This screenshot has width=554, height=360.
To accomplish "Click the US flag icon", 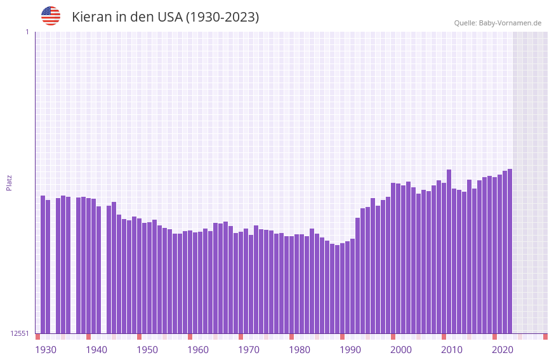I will pyautogui.click(x=51, y=16).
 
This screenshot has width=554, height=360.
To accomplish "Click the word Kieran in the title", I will pyautogui.click(x=91, y=17).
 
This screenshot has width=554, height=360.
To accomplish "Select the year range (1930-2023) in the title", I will pyautogui.click(x=222, y=17).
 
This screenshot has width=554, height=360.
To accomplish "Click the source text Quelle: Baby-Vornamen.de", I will pyautogui.click(x=498, y=23).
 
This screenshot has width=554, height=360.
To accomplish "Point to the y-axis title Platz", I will pyautogui.click(x=9, y=182).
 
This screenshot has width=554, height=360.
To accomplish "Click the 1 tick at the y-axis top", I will pyautogui.click(x=27, y=32).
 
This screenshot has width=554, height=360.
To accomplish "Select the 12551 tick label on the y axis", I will pyautogui.click(x=20, y=333).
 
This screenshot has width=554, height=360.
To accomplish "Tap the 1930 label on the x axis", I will pyautogui.click(x=46, y=350).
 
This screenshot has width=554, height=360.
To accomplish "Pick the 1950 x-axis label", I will pyautogui.click(x=147, y=350).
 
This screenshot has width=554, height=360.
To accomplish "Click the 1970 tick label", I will pyautogui.click(x=249, y=350).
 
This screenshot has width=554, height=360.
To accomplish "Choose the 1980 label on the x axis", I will pyautogui.click(x=300, y=350).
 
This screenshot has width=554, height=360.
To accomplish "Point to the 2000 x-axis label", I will pyautogui.click(x=401, y=350).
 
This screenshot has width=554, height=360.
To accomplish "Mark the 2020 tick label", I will pyautogui.click(x=503, y=350).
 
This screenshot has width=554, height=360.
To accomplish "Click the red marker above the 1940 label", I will pyautogui.click(x=89, y=337).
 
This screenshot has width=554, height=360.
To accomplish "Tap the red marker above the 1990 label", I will pyautogui.click(x=343, y=337).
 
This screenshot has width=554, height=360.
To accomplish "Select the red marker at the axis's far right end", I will pyautogui.click(x=545, y=337).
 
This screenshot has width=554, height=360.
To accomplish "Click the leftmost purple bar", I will pyautogui.click(x=43, y=264).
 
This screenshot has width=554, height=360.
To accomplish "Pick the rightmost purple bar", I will pyautogui.click(x=510, y=251).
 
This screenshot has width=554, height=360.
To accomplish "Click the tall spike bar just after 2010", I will pyautogui.click(x=449, y=251).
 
